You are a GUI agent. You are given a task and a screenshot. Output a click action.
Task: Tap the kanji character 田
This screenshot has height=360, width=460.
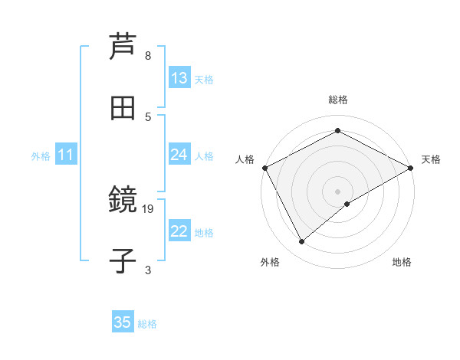123,108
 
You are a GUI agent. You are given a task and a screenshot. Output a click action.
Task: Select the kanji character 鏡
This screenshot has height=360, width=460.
123,200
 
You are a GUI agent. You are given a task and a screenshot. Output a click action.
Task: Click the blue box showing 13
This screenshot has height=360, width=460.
179,78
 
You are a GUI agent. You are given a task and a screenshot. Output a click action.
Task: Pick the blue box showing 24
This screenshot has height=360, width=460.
179,155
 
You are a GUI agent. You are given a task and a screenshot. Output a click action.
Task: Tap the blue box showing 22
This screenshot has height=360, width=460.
179,231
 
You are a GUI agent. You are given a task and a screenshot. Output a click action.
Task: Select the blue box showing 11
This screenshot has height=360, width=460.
66,155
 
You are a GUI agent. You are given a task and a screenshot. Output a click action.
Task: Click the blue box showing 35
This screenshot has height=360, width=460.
123,322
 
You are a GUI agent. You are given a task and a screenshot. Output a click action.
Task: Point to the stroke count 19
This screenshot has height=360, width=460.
149,208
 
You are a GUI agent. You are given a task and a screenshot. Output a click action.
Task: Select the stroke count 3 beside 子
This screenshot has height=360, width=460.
148,270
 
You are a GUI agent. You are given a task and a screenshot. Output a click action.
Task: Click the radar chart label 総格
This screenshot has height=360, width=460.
338,100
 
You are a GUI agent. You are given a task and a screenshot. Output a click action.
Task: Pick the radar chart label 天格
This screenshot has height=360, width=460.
431,159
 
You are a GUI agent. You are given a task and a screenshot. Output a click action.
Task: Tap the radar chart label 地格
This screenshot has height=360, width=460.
402,262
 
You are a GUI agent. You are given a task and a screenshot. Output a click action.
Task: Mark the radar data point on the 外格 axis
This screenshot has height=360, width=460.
302,242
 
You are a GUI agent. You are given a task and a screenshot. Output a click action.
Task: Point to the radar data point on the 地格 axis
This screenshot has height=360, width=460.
347,204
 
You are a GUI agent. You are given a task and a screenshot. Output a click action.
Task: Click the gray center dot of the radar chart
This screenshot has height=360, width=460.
338,191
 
